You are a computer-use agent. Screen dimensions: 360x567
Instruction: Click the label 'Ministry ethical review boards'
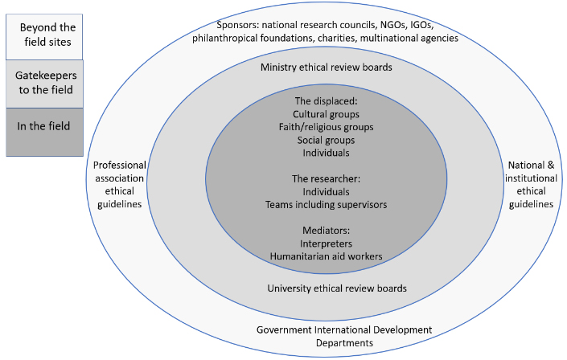327,68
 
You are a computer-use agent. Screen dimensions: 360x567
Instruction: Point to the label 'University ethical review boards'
327,287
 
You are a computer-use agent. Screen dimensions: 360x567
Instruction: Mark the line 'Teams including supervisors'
327,205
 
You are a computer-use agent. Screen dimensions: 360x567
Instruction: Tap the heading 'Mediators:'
327,231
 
